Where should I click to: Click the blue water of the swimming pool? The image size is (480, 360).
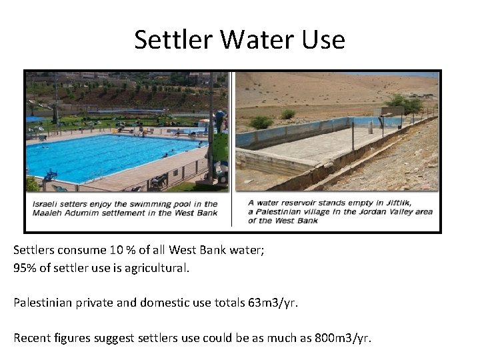(100, 157)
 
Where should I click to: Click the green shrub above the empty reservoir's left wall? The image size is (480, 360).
(261, 122)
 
